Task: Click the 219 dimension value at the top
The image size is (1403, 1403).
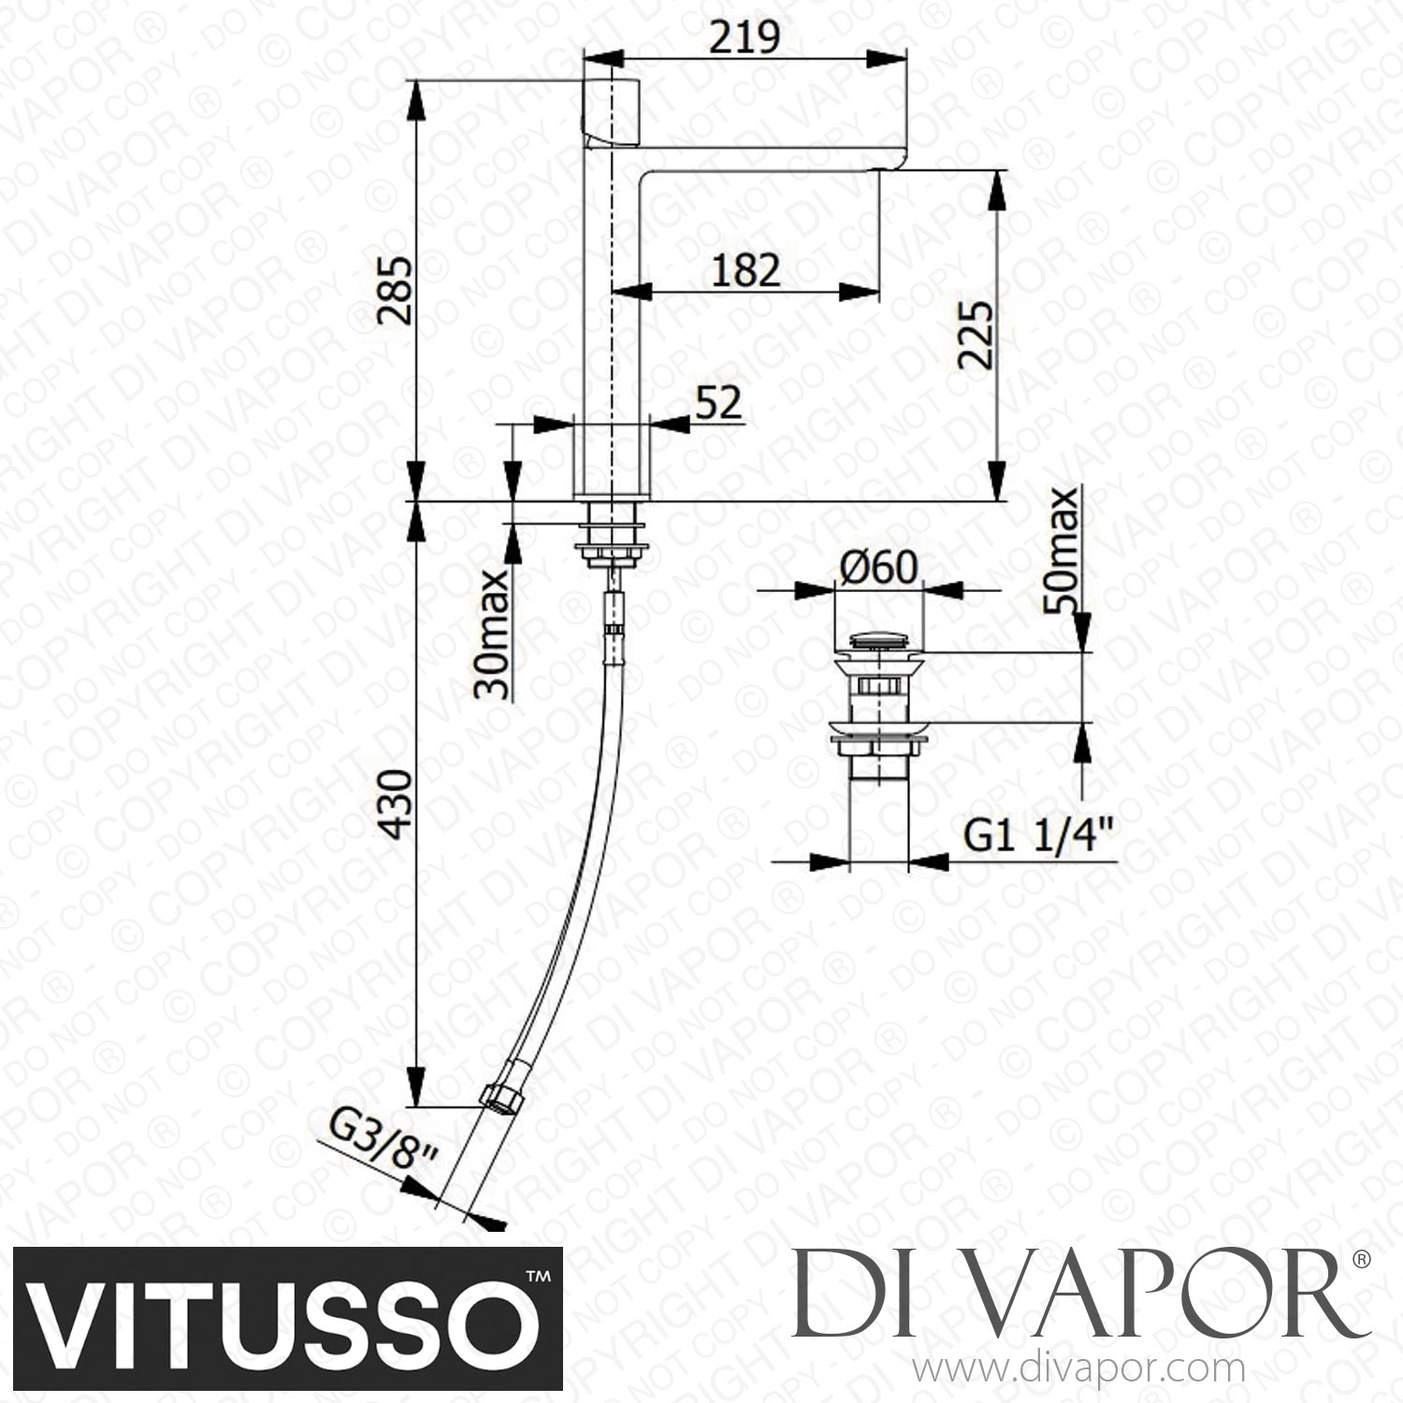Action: pos(745,38)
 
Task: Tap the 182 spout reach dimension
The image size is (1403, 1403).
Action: pos(745,270)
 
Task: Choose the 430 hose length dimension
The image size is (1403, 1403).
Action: pos(397,804)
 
